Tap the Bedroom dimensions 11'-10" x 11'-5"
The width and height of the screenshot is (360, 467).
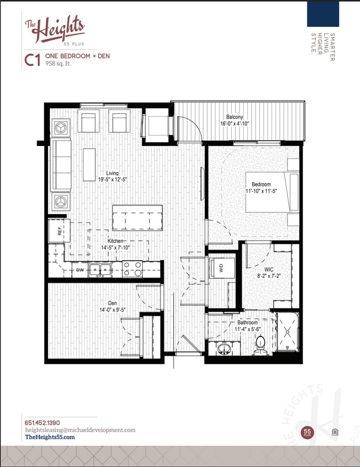coord(262,191)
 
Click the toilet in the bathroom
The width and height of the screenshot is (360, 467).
coord(261,346)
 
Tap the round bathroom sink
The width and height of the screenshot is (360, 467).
coord(225,349)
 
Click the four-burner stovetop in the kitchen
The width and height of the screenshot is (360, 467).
coord(133,268)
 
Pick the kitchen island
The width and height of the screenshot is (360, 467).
coord(137,217)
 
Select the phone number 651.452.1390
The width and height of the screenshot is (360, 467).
coord(43,423)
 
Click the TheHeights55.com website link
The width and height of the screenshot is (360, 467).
coord(50,437)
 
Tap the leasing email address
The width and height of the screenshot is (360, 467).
coord(80,430)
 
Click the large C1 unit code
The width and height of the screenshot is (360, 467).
coord(32,60)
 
